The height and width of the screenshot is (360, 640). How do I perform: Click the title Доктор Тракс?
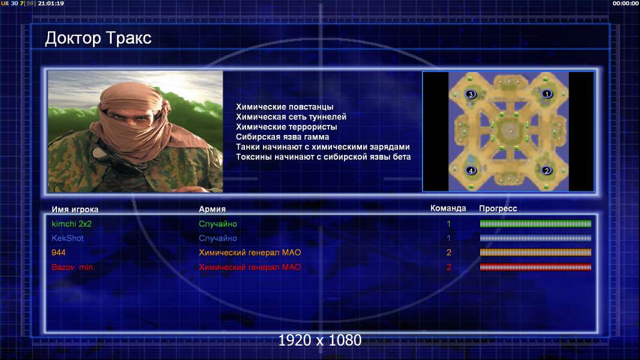coord(98,38)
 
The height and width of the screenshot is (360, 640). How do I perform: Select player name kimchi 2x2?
coord(71,224)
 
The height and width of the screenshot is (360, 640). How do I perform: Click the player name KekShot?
coord(67,238)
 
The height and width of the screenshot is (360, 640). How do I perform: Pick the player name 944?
coord(58,253)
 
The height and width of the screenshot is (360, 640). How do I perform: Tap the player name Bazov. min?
coord(73,267)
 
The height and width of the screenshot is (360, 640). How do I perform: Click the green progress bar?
coord(536,223)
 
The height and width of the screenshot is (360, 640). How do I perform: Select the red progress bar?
coord(536,267)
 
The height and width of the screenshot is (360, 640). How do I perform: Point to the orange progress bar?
coord(536,253)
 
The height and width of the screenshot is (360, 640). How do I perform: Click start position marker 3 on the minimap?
coord(471,94)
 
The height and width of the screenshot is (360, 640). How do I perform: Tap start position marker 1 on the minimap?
coord(546,94)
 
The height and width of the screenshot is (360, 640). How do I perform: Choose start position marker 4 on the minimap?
coord(471,170)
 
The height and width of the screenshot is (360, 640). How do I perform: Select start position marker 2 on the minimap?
coord(546,170)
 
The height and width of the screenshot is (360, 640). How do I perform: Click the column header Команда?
coord(448,208)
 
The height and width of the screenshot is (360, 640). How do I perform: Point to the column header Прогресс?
coord(498,209)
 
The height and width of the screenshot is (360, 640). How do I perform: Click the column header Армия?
coord(213,209)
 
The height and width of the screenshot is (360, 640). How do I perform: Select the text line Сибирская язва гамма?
coord(282,137)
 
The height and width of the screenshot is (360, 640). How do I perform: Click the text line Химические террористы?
coord(286,127)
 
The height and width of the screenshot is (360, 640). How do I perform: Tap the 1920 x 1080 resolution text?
coord(320,340)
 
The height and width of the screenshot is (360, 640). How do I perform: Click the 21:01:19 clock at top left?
coord(51,3)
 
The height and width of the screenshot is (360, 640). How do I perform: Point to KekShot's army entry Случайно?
coord(218,238)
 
